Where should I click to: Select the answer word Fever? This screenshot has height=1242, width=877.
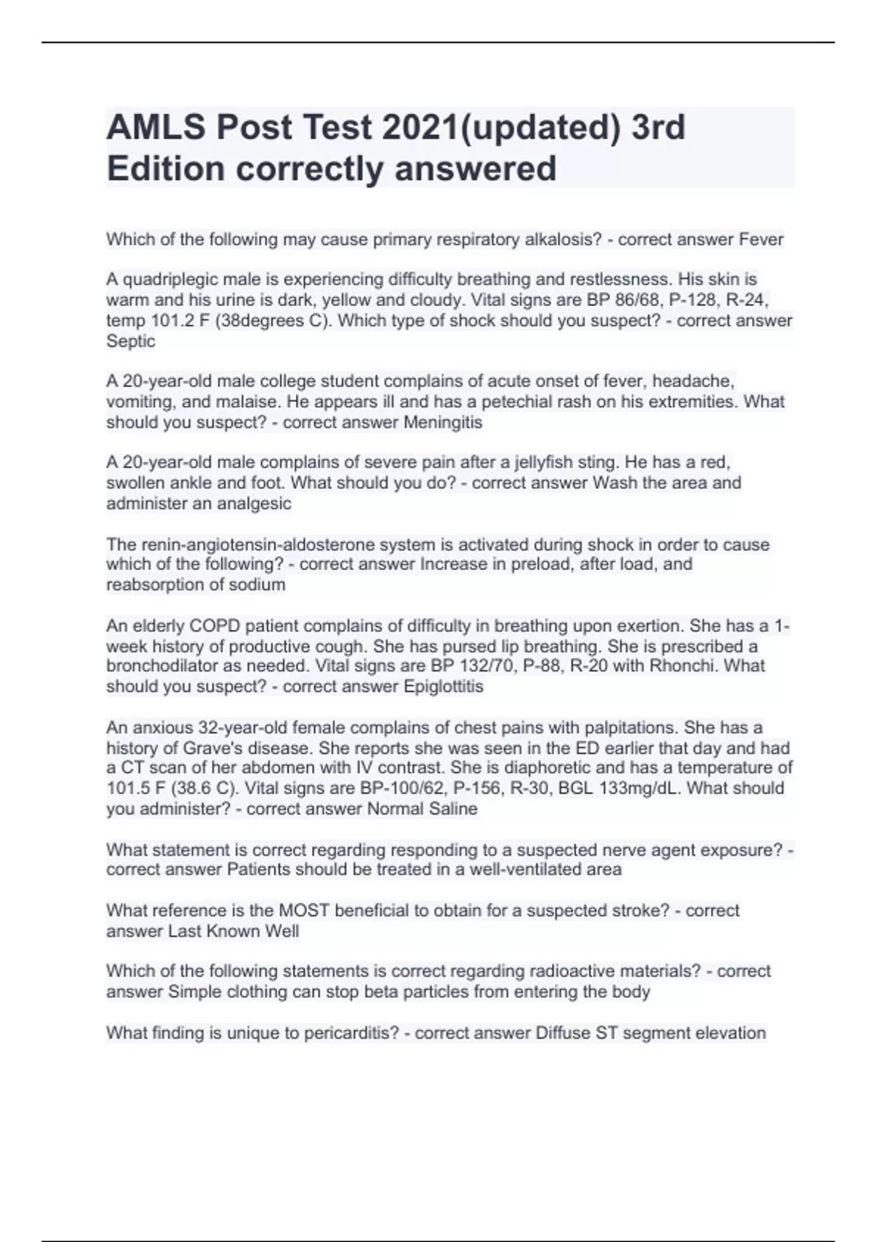click(761, 239)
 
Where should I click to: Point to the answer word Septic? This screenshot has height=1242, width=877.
click(131, 340)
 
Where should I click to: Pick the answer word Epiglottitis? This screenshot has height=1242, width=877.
click(443, 686)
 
